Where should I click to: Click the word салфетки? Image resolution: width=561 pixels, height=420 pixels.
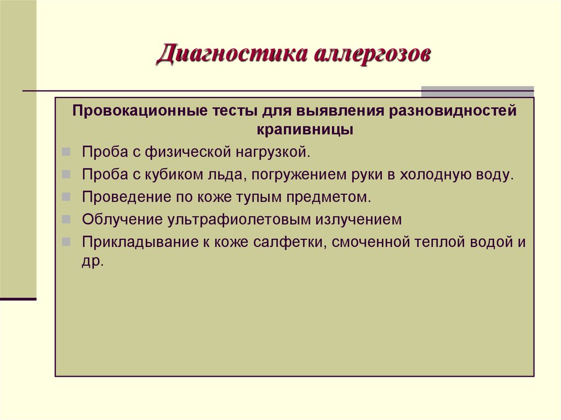point(290,241)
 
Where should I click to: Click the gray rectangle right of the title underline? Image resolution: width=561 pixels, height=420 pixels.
point(477,91)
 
